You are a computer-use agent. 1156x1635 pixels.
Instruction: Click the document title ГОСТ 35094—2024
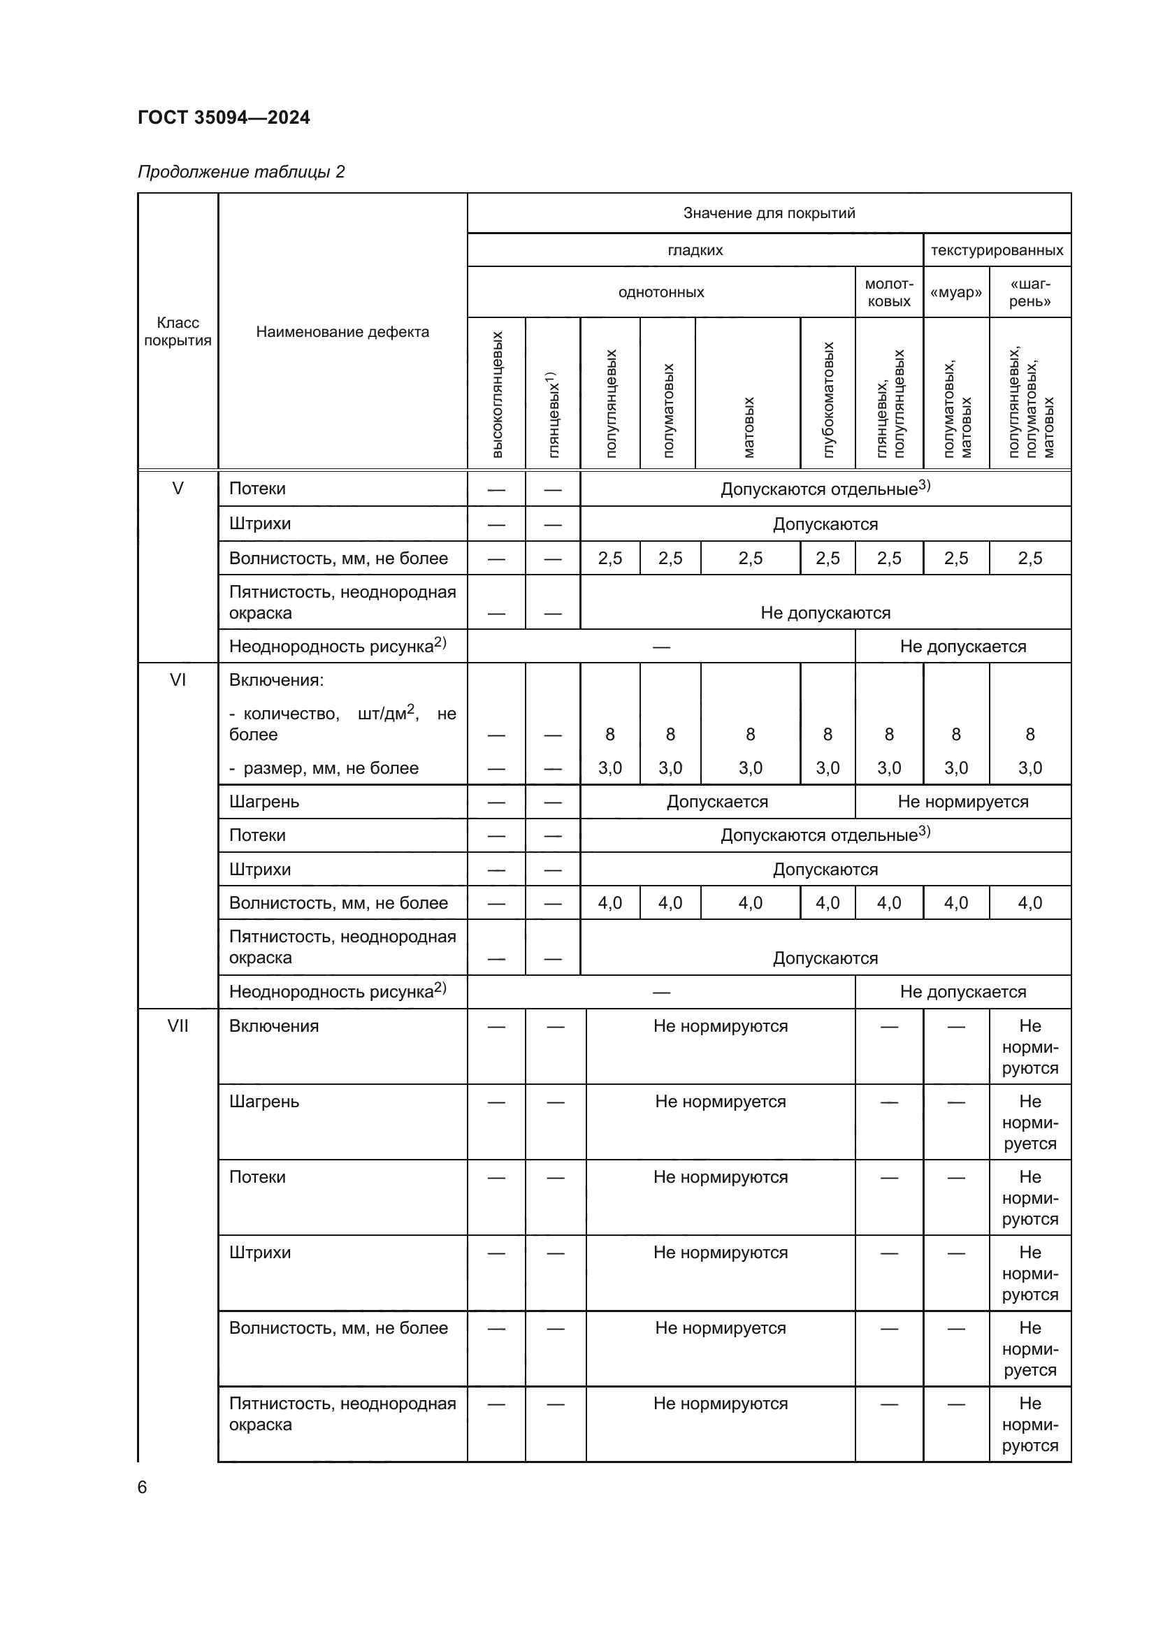224,117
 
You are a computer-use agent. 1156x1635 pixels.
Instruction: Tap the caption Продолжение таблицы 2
240,172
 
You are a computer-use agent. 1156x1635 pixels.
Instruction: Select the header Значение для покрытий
769,213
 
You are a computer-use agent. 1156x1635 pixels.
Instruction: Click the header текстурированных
997,250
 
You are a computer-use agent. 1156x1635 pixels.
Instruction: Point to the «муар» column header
955,293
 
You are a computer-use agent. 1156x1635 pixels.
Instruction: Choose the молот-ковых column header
888,293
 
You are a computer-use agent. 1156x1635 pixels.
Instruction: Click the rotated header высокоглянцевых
497,394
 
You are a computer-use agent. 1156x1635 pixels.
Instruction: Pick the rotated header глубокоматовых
828,400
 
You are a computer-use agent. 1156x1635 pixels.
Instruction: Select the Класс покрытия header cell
178,331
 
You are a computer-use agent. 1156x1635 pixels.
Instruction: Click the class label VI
178,680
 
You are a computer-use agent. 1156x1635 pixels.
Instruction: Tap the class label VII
178,1025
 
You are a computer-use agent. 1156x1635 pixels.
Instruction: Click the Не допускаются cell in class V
825,613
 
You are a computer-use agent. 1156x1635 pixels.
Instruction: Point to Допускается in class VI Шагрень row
717,802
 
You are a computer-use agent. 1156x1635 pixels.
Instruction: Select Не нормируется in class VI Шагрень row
962,802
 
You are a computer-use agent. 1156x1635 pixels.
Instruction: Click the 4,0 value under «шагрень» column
1029,903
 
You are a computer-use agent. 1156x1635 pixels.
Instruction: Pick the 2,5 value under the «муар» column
955,559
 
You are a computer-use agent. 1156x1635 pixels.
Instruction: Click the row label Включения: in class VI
276,680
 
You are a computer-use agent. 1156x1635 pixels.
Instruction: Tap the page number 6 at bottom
143,1487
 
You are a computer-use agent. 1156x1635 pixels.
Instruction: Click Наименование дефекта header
342,332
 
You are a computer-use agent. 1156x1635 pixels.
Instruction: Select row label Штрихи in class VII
260,1253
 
